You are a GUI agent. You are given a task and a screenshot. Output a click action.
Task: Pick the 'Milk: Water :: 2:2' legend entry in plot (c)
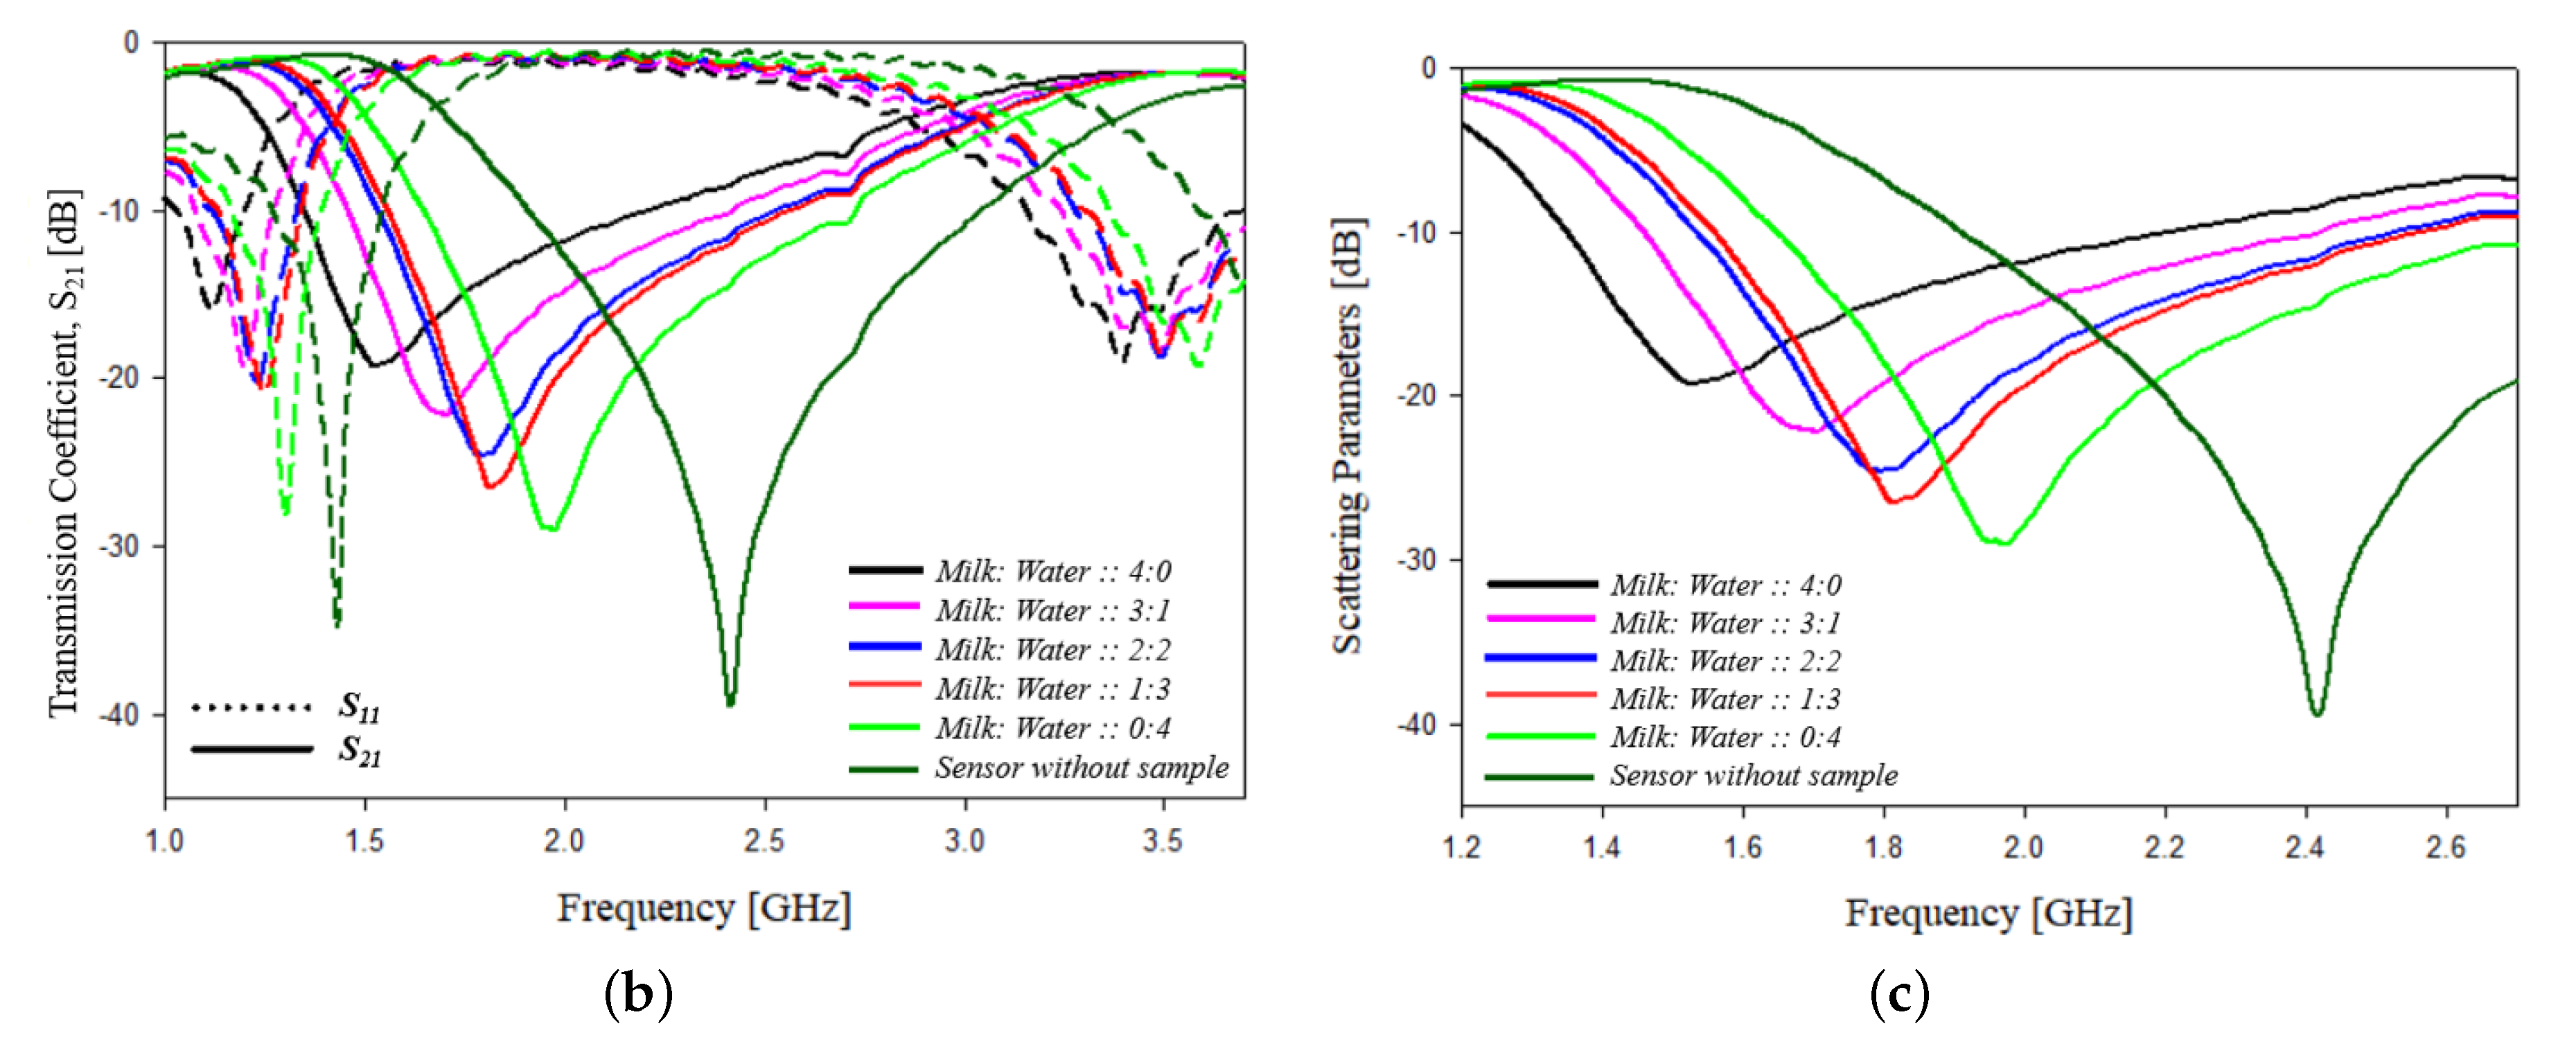coord(1725,661)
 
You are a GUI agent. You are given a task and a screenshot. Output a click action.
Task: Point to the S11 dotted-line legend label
coord(358,705)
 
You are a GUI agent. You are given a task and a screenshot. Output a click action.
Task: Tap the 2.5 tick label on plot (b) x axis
coord(764,841)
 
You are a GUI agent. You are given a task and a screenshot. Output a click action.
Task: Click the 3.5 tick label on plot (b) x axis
coord(1163,841)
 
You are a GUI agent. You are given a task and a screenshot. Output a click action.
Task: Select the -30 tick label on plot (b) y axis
coord(118,547)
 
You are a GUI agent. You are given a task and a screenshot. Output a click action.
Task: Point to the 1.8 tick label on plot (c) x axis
coord(1882,847)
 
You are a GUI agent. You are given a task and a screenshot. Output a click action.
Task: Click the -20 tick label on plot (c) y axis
coord(1416,396)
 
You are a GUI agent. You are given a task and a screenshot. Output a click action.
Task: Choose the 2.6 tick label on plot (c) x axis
coord(2445,847)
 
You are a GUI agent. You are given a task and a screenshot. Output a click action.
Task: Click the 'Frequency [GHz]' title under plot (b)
coord(703,908)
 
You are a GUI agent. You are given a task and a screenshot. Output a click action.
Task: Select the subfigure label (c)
coord(1898,993)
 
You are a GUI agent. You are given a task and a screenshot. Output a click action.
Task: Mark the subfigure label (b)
coord(637,993)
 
